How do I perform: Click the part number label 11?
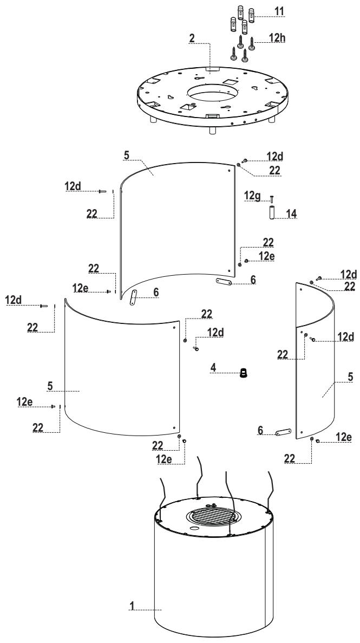click(279, 11)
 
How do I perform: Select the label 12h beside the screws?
click(277, 37)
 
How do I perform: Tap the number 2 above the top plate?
click(192, 38)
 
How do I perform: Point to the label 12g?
click(253, 196)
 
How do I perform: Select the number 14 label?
click(291, 213)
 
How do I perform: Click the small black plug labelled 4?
click(244, 373)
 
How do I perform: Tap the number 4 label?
click(213, 367)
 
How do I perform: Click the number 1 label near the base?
click(132, 605)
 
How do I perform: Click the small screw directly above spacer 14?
click(271, 199)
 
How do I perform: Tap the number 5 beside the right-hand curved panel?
click(350, 376)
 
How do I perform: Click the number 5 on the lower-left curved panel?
click(50, 386)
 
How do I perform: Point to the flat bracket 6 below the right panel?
click(283, 432)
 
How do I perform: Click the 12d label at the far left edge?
click(14, 300)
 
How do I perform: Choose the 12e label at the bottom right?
click(344, 437)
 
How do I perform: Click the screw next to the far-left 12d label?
click(44, 306)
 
